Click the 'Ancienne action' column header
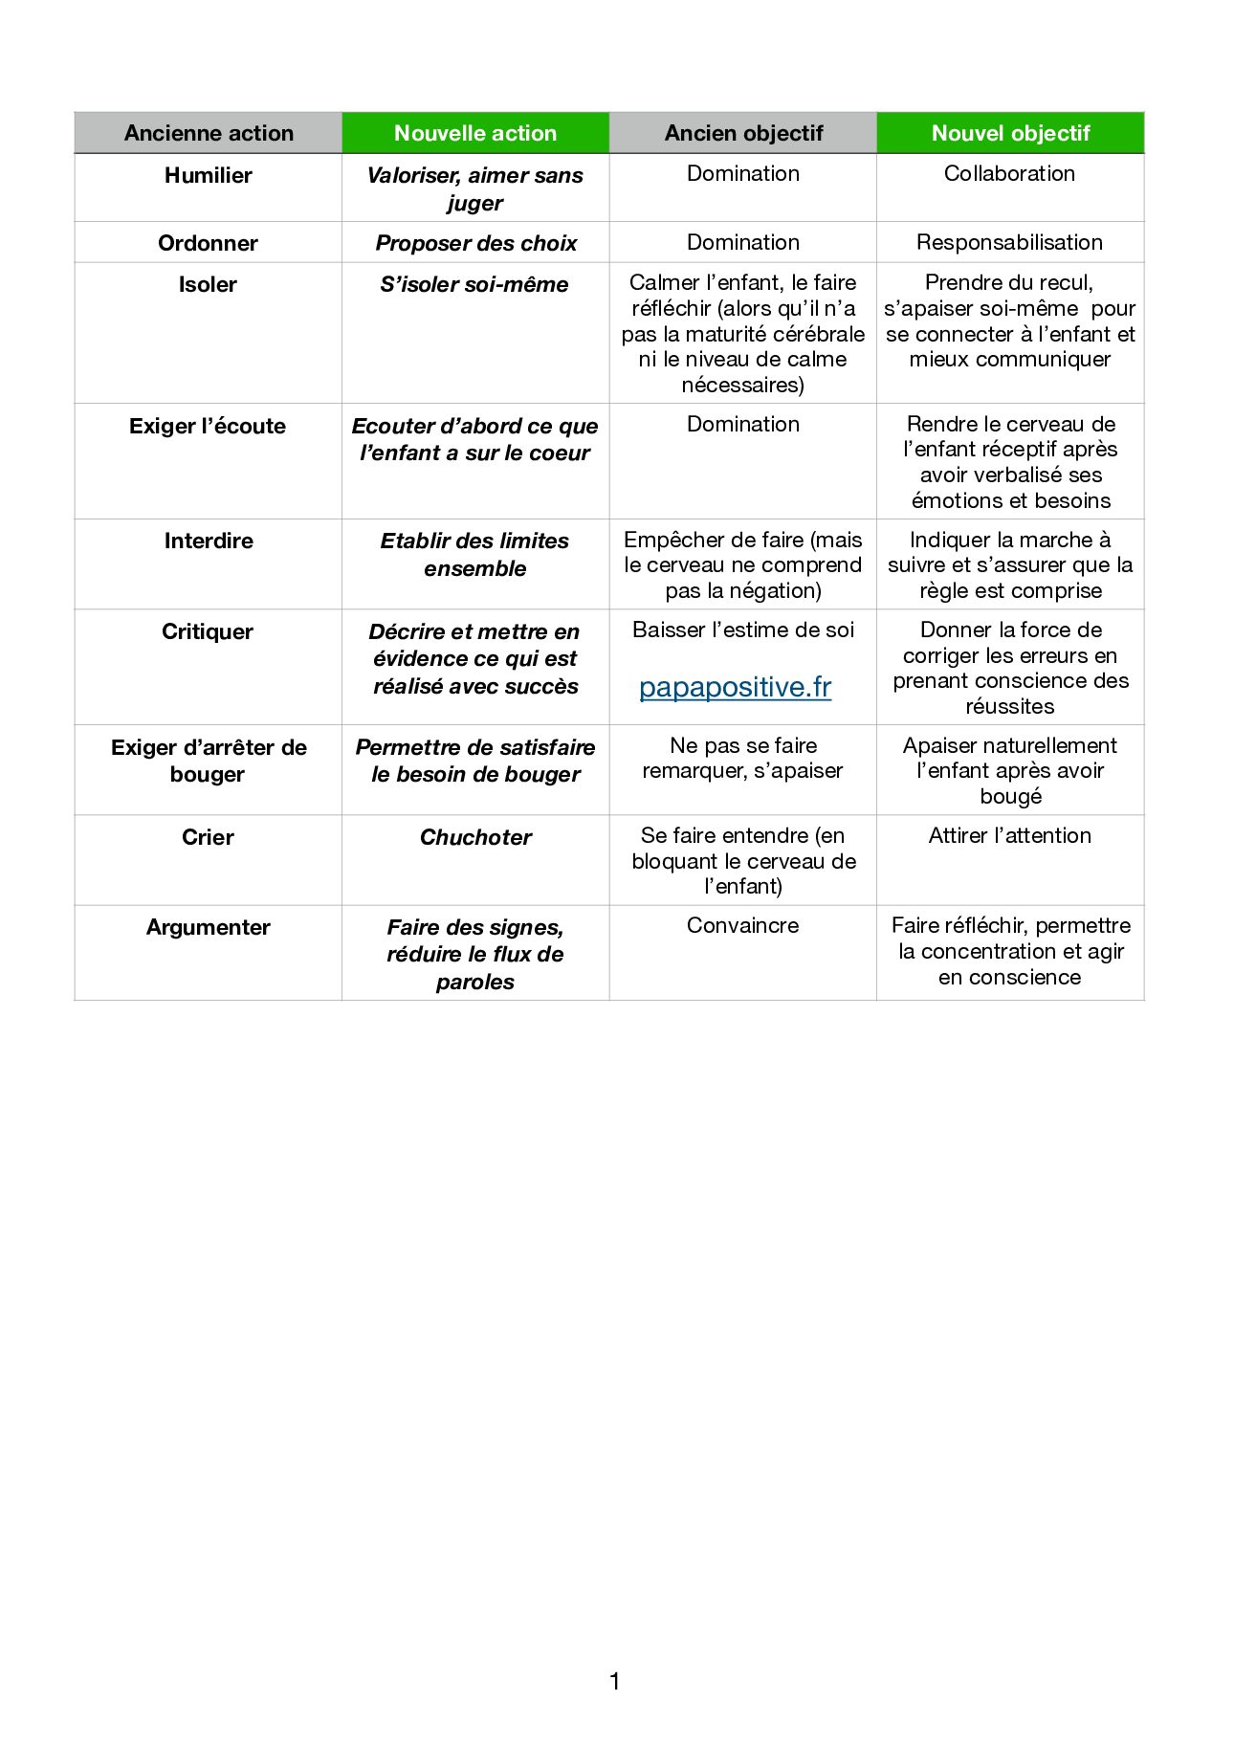(209, 133)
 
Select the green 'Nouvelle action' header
(475, 133)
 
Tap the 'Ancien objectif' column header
(743, 133)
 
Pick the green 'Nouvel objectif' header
(1010, 133)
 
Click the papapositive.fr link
(735, 687)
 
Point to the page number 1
(614, 1680)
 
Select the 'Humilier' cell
(208, 175)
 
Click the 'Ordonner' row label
(208, 243)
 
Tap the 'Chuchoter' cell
(475, 837)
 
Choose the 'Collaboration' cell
(1009, 173)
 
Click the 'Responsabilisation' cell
(1009, 242)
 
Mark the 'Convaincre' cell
(742, 925)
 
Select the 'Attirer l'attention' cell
(1009, 835)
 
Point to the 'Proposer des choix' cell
(475, 243)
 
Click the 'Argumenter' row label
(208, 927)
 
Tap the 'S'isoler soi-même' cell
(474, 284)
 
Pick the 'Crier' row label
(208, 837)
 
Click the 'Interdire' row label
(208, 541)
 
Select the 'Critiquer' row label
(208, 631)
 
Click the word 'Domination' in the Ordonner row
(742, 242)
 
